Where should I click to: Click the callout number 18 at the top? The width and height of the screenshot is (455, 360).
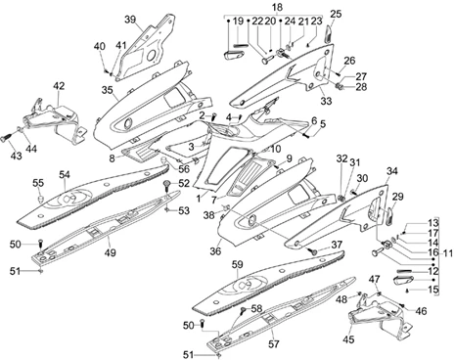277,7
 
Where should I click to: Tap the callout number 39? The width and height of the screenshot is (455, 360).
130,20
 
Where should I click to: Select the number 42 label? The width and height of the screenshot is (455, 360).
59,86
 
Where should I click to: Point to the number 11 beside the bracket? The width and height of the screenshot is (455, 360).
448,252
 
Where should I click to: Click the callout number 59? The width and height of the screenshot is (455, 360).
238,265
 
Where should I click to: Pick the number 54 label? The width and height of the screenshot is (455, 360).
65,175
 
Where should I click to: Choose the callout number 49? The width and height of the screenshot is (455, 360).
110,252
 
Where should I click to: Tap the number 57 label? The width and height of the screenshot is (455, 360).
274,343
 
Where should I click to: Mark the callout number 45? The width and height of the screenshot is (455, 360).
348,339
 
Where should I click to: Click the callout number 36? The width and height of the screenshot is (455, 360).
215,251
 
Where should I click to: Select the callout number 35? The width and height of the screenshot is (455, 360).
107,90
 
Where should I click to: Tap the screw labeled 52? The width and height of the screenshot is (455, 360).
167,185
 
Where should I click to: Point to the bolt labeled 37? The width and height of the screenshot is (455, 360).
314,251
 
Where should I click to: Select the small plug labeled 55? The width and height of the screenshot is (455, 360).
41,199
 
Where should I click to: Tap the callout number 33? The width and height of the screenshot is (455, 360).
326,101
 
